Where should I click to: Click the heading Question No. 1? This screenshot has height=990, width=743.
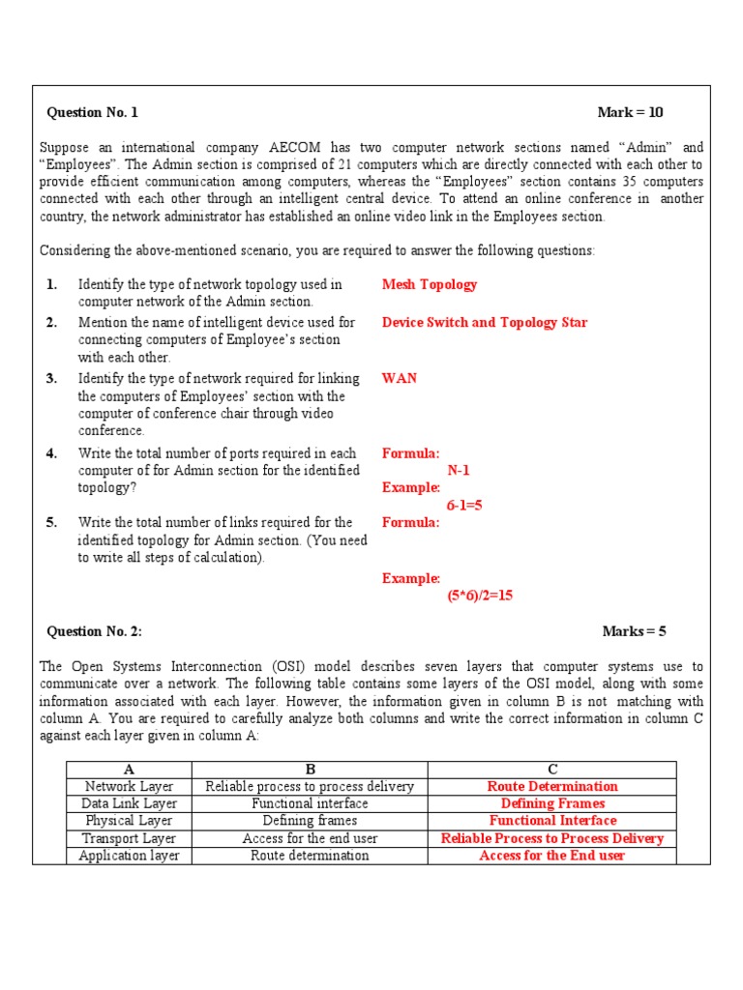click(93, 112)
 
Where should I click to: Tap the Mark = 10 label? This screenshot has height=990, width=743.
click(630, 112)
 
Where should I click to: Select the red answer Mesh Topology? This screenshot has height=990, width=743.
click(429, 284)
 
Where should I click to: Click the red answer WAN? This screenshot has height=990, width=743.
click(399, 378)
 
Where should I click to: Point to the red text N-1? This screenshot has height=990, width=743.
click(459, 471)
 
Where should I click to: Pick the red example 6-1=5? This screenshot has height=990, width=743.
click(464, 506)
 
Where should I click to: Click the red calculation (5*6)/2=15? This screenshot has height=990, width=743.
click(480, 596)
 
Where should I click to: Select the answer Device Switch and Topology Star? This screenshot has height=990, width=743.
click(484, 322)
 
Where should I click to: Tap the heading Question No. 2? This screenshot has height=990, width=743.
click(95, 631)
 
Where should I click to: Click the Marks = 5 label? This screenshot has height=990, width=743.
click(634, 631)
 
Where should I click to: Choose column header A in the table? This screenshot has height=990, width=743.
click(129, 770)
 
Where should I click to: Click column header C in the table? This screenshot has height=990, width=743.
click(552, 770)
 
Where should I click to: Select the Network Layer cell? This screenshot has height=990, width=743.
click(129, 787)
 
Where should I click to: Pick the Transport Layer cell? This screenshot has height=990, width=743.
click(129, 838)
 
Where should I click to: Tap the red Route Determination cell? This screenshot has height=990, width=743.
click(552, 787)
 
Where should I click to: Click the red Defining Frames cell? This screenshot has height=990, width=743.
click(552, 803)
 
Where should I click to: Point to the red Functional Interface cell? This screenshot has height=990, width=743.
click(552, 821)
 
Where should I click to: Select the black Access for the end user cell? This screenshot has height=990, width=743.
click(310, 838)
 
